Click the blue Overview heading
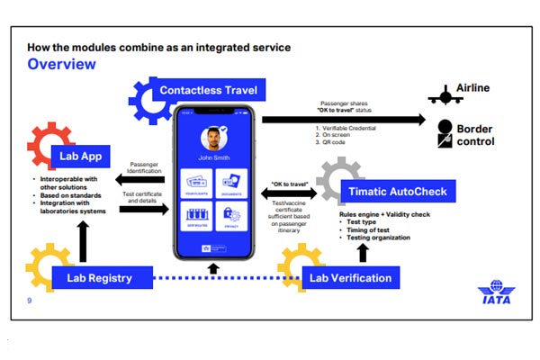(x=61, y=64)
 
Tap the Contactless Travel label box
(x=208, y=91)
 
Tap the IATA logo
(x=496, y=295)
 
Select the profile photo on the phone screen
(x=212, y=141)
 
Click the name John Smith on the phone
(x=213, y=167)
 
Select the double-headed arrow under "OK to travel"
(x=286, y=191)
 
